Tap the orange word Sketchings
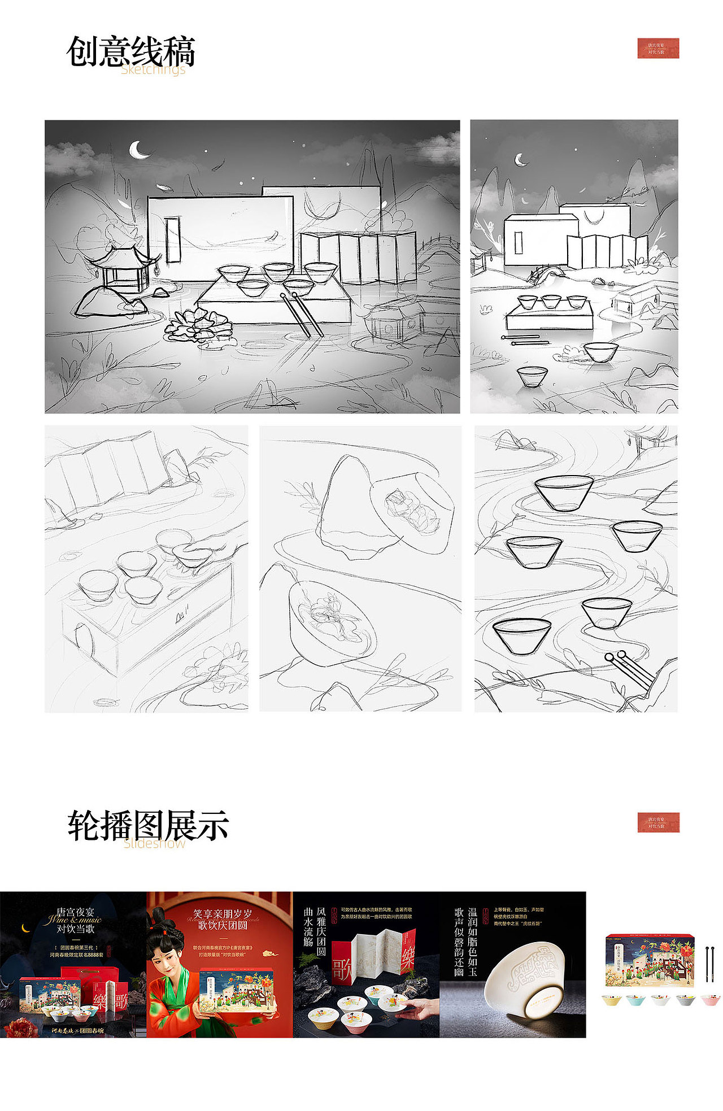pos(153,69)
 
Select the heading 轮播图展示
pos(148,825)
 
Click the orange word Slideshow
pos(154,844)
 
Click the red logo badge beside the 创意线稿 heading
pos(658,48)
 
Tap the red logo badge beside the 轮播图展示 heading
pos(658,822)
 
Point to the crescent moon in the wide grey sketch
pos(139,150)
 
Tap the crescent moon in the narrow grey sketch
pos(520,160)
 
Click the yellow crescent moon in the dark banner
pos(25,927)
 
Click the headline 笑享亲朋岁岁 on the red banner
pos(223,913)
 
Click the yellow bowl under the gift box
pos(611,1000)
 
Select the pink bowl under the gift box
pos(710,1000)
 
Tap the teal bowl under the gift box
pos(635,1000)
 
